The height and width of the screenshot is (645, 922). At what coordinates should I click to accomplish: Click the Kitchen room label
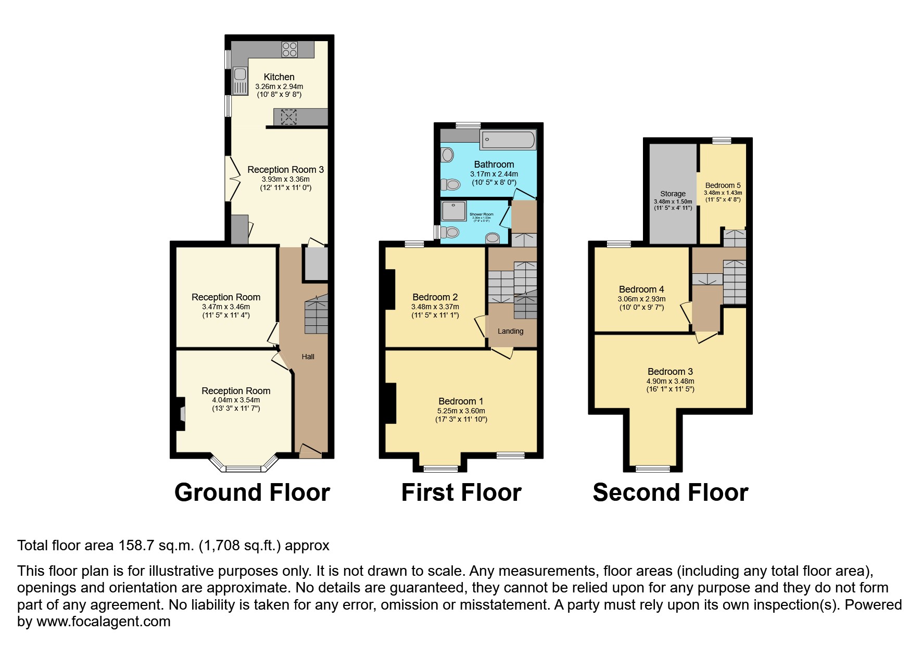tap(279, 77)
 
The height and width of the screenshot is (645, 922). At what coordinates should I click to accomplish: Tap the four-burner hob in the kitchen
tap(289, 49)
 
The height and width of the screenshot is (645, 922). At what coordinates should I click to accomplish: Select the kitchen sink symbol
tap(239, 81)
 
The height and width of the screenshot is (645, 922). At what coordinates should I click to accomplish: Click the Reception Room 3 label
tap(285, 169)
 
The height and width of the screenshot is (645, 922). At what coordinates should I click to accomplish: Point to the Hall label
tap(308, 357)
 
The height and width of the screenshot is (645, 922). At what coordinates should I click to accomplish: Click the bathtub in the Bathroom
tap(507, 140)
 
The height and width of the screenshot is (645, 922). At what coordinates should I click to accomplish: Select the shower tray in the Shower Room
tap(454, 211)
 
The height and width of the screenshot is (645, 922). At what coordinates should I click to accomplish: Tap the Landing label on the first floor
tap(510, 331)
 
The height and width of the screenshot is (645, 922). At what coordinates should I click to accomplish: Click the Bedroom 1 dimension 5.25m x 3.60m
tap(461, 411)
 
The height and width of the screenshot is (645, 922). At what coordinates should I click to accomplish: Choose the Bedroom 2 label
tap(435, 297)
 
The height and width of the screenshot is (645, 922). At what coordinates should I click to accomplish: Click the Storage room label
tap(673, 194)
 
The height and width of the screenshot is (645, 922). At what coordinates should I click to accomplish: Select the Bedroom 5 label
tap(723, 185)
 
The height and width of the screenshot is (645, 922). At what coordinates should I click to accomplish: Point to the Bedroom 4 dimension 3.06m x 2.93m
tap(641, 299)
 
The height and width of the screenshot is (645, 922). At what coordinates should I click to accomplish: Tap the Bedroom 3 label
tap(670, 371)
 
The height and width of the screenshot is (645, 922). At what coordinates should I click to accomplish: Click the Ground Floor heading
tap(252, 492)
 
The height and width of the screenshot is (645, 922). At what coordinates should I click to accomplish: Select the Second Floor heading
tap(670, 492)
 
